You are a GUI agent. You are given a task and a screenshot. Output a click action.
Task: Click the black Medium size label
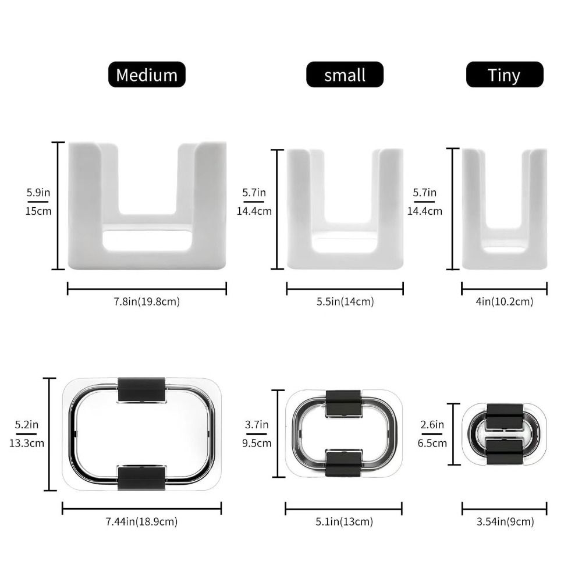click(x=147, y=74)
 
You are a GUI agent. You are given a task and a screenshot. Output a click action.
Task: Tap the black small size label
click(x=345, y=74)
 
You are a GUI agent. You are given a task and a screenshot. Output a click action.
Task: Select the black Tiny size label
click(x=505, y=74)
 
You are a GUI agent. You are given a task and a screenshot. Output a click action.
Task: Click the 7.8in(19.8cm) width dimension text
click(x=147, y=301)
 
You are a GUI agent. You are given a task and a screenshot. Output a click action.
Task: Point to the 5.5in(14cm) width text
click(x=345, y=301)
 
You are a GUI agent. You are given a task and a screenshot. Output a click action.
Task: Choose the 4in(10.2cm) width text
click(x=505, y=301)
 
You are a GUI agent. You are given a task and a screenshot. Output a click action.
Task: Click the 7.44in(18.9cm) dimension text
click(x=142, y=521)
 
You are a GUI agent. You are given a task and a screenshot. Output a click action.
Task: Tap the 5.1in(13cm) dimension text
click(x=344, y=521)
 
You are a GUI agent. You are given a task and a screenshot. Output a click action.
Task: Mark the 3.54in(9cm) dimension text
click(x=505, y=521)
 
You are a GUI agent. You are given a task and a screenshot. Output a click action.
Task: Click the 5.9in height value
click(x=38, y=193)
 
